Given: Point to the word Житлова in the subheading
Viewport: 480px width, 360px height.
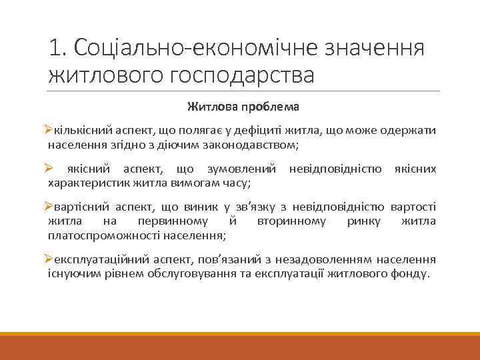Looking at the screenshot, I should tap(209, 107).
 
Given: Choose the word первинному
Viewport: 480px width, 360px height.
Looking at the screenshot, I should tap(170, 221).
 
